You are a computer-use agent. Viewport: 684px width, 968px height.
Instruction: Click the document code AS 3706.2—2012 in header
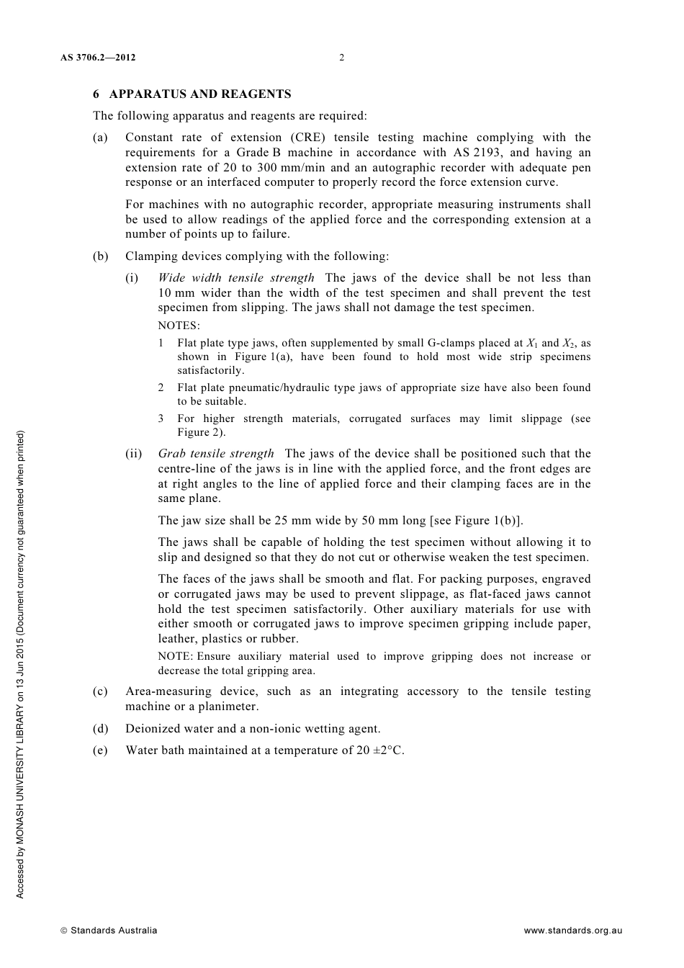(x=98, y=58)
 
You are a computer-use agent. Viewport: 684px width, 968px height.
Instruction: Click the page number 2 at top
(x=341, y=58)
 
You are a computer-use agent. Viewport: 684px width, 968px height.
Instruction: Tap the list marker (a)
(x=100, y=138)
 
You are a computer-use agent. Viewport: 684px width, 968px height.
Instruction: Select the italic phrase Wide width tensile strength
(x=236, y=278)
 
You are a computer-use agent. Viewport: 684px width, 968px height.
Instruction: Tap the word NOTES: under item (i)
(x=179, y=326)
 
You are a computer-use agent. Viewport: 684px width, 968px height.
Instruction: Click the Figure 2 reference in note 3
(x=201, y=433)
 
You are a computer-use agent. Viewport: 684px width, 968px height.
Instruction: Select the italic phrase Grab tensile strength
(x=216, y=454)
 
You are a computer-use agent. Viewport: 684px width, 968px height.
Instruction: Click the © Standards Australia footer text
(x=109, y=931)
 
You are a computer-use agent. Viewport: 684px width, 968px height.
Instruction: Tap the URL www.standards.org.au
(x=572, y=931)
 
